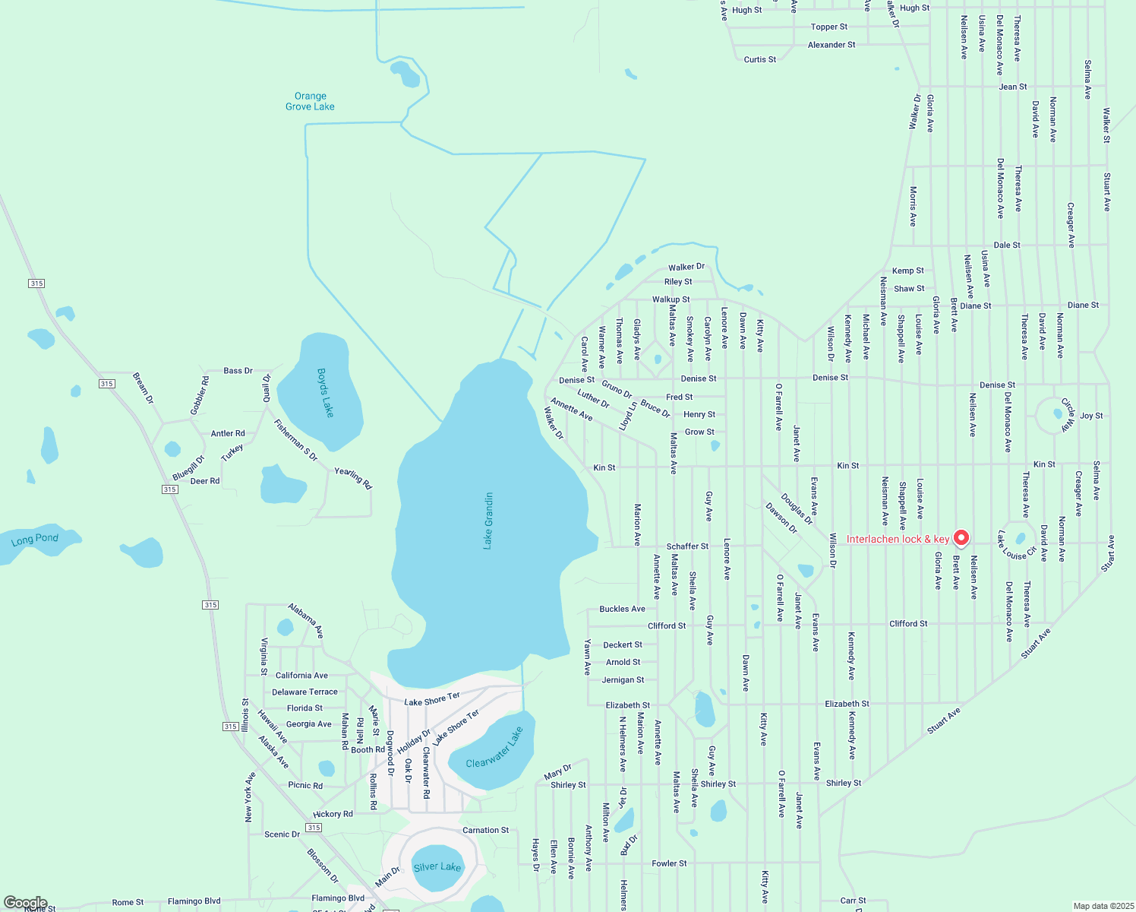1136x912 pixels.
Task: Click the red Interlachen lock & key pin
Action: (x=961, y=538)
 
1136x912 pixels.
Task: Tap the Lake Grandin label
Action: (x=488, y=521)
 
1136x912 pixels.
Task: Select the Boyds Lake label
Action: (x=325, y=392)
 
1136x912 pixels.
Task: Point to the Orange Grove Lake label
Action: (x=310, y=101)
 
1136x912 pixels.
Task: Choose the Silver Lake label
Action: (x=437, y=867)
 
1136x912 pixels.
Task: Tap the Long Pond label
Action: (x=34, y=540)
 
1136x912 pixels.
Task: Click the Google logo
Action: (x=25, y=903)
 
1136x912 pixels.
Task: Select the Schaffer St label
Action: (x=687, y=546)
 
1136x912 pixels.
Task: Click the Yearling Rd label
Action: (x=353, y=478)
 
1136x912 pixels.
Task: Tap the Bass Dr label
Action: (x=238, y=371)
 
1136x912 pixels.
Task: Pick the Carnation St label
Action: (x=485, y=830)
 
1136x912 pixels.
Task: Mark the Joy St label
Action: (x=1091, y=416)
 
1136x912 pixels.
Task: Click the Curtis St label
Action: (x=759, y=59)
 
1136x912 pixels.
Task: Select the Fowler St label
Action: (x=669, y=863)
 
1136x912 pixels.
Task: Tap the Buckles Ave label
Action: (x=622, y=609)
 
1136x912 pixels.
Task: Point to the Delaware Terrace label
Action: (x=305, y=692)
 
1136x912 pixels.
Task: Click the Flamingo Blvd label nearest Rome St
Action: (x=194, y=901)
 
